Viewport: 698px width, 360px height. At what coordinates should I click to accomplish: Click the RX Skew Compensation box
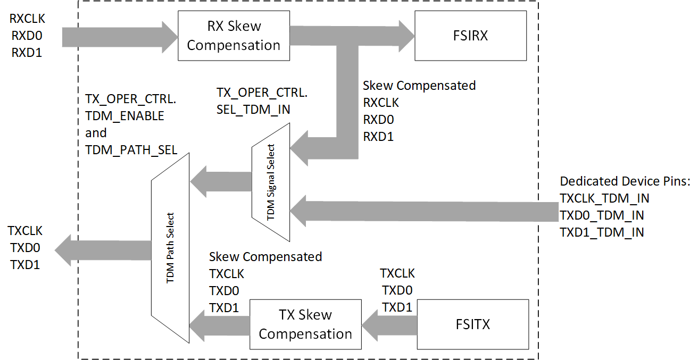234,36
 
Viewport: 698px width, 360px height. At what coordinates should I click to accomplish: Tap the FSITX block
472,324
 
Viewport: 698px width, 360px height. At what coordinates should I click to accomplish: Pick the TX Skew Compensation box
305,324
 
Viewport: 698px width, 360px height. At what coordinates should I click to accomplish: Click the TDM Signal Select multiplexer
271,182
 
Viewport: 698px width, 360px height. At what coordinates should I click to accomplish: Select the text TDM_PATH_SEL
131,149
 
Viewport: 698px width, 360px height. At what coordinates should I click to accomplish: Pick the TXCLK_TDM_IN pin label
604,198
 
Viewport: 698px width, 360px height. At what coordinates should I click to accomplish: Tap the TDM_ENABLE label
124,115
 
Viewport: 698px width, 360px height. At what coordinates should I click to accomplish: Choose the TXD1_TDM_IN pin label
602,232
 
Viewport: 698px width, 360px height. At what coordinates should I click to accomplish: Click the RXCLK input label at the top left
27,19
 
